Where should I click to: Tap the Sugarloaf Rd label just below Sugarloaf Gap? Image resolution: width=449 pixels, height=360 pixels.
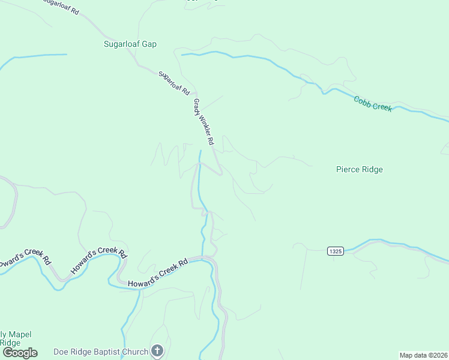coord(174,82)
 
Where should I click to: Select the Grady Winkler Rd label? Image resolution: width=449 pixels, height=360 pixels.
coord(203,122)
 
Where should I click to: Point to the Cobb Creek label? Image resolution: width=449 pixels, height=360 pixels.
coord(372,103)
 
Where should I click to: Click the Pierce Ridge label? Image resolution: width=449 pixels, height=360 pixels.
coord(359,169)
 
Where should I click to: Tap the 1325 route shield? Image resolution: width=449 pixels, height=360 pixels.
coord(336,251)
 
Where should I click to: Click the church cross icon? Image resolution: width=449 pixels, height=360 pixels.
coord(157,351)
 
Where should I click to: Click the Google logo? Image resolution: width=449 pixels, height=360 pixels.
coord(20,353)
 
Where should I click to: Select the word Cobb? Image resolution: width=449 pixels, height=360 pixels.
coord(363,100)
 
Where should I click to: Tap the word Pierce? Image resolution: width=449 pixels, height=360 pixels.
coord(348,169)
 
